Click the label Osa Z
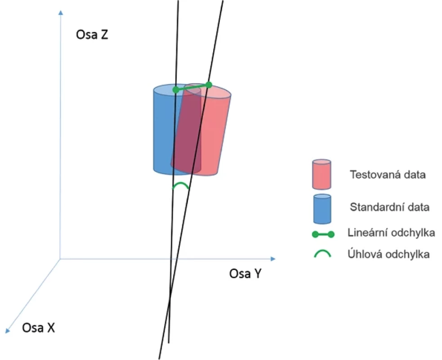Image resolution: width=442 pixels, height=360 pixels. [x=92, y=35]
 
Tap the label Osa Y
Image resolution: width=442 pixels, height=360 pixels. [x=245, y=274]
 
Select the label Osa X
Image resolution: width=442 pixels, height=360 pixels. [x=38, y=328]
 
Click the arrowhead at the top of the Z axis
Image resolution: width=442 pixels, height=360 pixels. [x=61, y=13]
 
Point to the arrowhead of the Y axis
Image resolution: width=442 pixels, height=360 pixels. [x=272, y=259]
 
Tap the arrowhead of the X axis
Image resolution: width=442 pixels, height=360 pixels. [x=8, y=331]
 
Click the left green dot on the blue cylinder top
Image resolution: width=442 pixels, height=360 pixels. [x=176, y=90]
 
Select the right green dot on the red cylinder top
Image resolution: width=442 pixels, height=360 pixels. [x=209, y=85]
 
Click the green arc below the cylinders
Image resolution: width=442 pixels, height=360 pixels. [x=181, y=184]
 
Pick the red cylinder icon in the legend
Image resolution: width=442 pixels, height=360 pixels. [x=321, y=174]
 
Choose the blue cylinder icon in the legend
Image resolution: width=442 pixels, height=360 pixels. [x=322, y=209]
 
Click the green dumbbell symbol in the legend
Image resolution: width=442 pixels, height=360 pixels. [x=323, y=234]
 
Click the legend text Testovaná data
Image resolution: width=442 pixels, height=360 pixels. [x=388, y=175]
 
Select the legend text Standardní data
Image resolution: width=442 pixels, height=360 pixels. [x=389, y=207]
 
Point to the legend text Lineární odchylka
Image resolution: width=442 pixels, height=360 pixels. [x=391, y=233]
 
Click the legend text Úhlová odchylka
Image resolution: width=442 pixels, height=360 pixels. [x=389, y=254]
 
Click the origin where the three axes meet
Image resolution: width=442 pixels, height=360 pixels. [x=60, y=259]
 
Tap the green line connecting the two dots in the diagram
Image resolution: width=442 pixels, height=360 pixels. [x=192, y=87]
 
